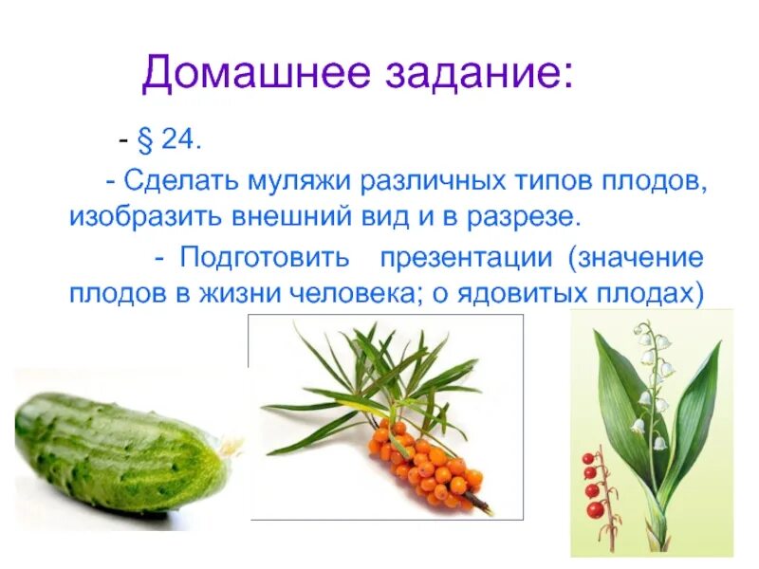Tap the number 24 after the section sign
[x=180, y=140]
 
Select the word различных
[x=450, y=180]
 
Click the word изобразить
[x=142, y=216]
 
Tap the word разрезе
[x=521, y=216]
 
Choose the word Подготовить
[x=265, y=257]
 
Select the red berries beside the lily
[x=593, y=484]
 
